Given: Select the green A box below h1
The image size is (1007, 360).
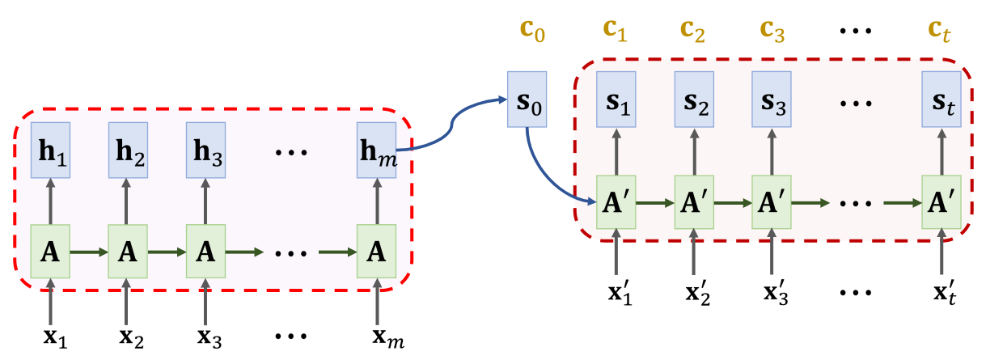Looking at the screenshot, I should pos(50,252).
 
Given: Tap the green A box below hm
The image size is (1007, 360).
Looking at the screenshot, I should pos(377,252).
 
